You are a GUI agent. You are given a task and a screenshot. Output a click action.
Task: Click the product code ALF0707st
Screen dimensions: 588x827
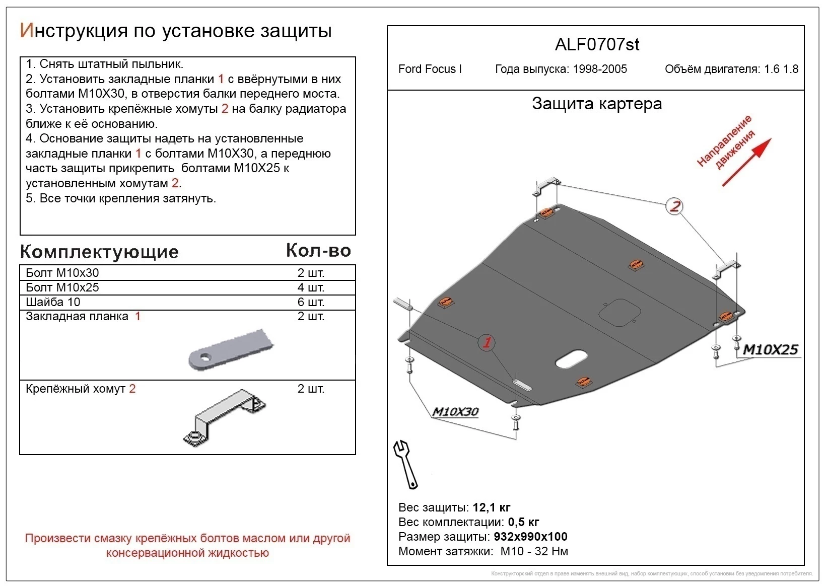tap(597, 45)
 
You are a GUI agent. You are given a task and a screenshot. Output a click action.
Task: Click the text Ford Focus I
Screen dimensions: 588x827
tap(430, 69)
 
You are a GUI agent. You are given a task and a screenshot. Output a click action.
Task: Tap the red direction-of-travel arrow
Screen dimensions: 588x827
tap(747, 162)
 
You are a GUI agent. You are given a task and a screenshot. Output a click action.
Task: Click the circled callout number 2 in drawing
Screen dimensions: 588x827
tap(674, 206)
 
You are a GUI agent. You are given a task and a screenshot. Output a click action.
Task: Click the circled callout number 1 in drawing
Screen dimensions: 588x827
tap(487, 343)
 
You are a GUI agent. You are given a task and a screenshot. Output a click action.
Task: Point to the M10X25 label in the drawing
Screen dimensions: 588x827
tap(770, 349)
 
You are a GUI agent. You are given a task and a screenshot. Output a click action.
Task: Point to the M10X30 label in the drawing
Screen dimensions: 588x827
tap(455, 412)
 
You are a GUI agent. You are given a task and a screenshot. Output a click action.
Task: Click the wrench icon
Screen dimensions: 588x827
tap(406, 465)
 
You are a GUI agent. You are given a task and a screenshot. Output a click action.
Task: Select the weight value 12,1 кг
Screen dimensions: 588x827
tap(492, 507)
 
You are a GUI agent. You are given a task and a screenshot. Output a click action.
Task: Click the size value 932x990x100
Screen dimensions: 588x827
tap(530, 537)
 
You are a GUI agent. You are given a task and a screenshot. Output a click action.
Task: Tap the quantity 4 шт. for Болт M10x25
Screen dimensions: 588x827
tap(311, 287)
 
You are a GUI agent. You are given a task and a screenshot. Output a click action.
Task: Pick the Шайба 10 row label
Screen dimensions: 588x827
tap(53, 302)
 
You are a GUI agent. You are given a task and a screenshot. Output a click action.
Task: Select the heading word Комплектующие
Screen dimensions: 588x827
tap(99, 252)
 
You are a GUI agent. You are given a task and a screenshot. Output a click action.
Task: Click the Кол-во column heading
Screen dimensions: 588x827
tap(318, 250)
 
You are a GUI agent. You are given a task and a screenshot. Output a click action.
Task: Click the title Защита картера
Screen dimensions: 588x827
tap(597, 104)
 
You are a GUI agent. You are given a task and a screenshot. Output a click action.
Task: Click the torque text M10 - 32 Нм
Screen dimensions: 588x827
tap(534, 551)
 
